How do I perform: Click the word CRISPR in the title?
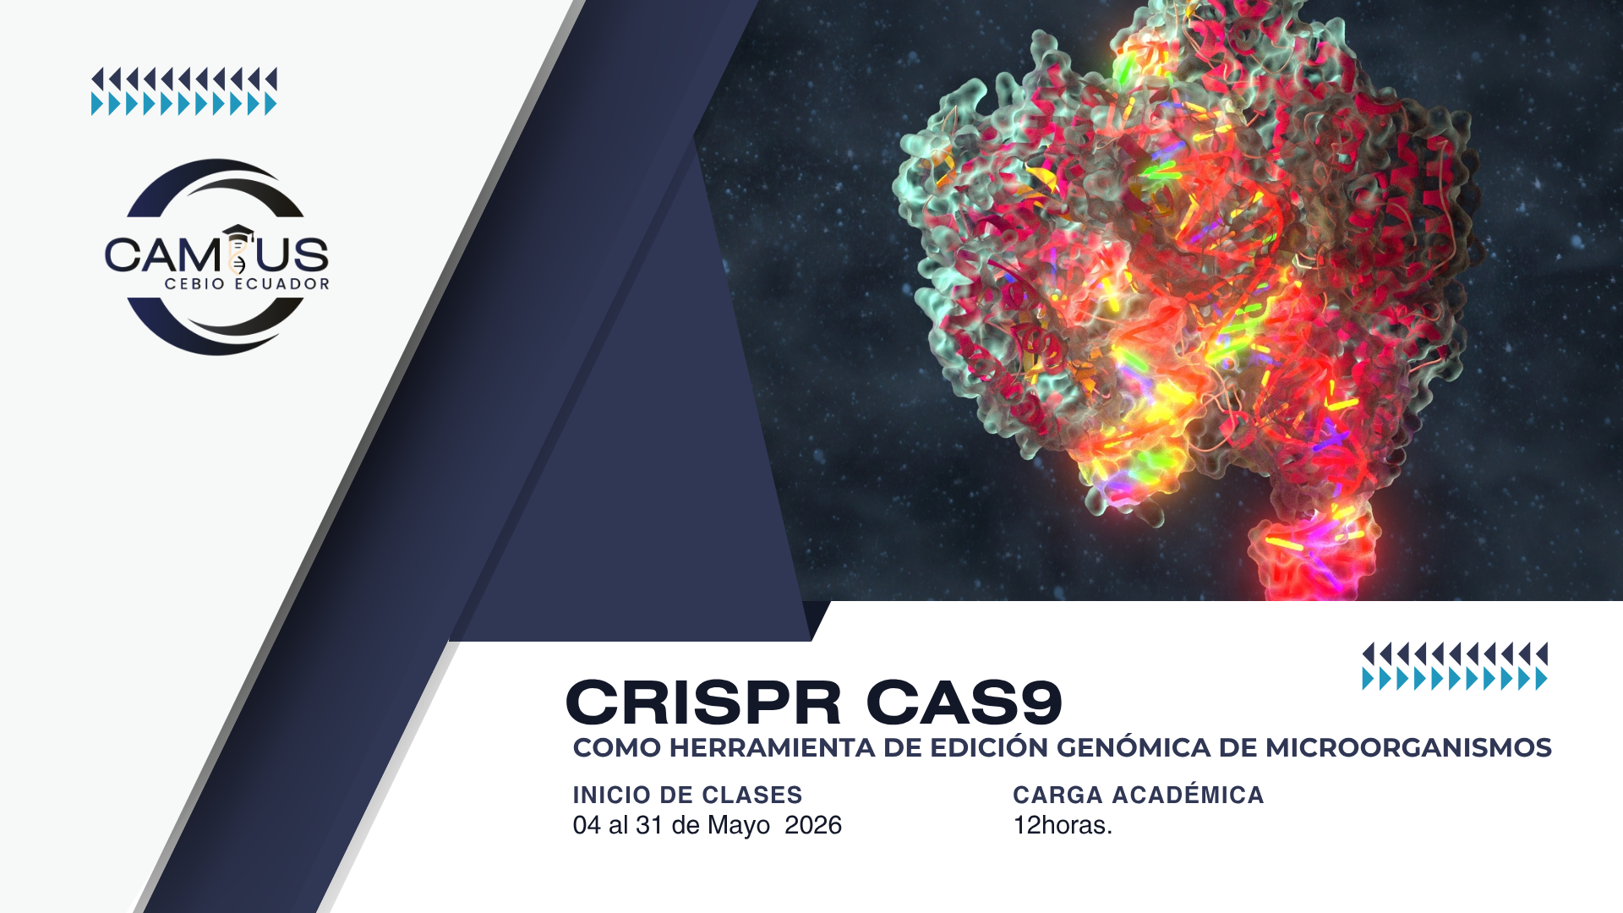(x=703, y=703)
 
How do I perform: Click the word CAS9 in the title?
(x=965, y=703)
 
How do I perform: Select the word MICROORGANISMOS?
(x=1407, y=748)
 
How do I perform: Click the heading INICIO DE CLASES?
(x=687, y=795)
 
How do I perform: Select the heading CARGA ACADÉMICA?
(x=1138, y=795)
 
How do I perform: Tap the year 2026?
(x=813, y=825)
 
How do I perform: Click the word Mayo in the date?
(x=739, y=825)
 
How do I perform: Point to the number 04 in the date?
(x=587, y=825)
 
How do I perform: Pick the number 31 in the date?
(x=649, y=825)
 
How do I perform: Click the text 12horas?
(x=1063, y=825)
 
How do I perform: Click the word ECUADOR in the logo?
(x=281, y=284)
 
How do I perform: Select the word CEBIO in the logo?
(x=194, y=284)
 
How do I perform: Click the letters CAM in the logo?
(x=161, y=255)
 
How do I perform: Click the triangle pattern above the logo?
(x=184, y=91)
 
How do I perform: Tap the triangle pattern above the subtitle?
(x=1455, y=666)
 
